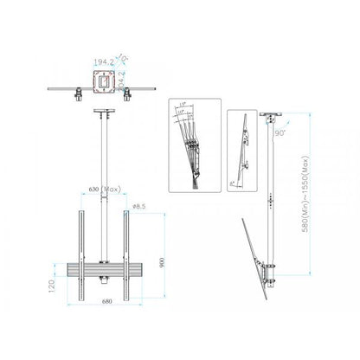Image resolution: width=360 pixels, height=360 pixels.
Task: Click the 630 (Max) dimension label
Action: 105,189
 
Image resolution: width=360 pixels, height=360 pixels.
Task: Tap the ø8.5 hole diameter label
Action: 138,205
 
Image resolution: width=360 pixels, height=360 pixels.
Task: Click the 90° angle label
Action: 280,133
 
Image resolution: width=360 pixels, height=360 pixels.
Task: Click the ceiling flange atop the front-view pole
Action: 105,112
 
